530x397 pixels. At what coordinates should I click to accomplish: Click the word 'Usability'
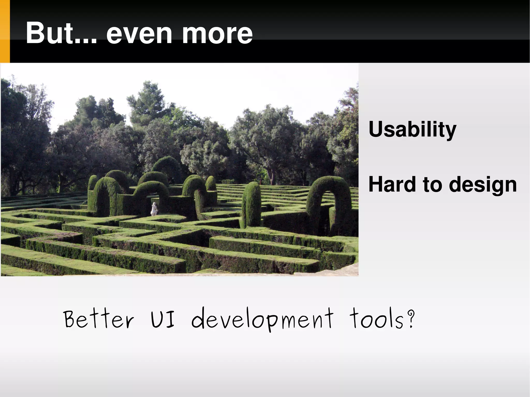pyautogui.click(x=412, y=129)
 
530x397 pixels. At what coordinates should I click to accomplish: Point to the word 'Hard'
pyautogui.click(x=392, y=184)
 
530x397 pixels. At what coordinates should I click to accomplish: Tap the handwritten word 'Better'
pyautogui.click(x=99, y=319)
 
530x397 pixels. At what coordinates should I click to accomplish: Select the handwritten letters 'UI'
pyautogui.click(x=163, y=319)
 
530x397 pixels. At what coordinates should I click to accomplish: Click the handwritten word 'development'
pyautogui.click(x=262, y=320)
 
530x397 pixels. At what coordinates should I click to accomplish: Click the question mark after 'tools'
pyautogui.click(x=410, y=319)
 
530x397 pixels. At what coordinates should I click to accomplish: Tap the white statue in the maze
pyautogui.click(x=154, y=209)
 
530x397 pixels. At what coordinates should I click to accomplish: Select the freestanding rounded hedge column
pyautogui.click(x=252, y=204)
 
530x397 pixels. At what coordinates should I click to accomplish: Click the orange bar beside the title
pyautogui.click(x=5, y=31)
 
